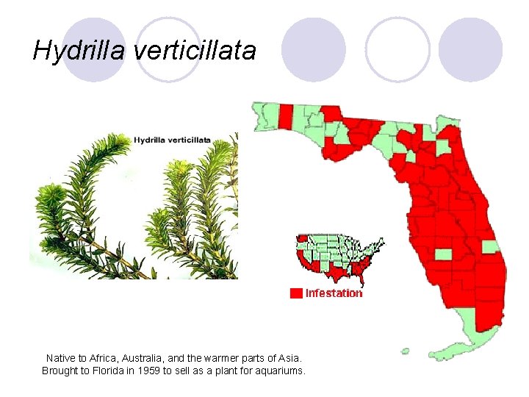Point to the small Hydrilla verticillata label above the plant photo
(172, 139)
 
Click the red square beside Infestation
(296, 293)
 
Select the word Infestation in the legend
(334, 293)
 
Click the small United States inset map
(339, 258)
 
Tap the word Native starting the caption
(61, 357)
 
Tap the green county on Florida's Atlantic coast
(489, 247)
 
